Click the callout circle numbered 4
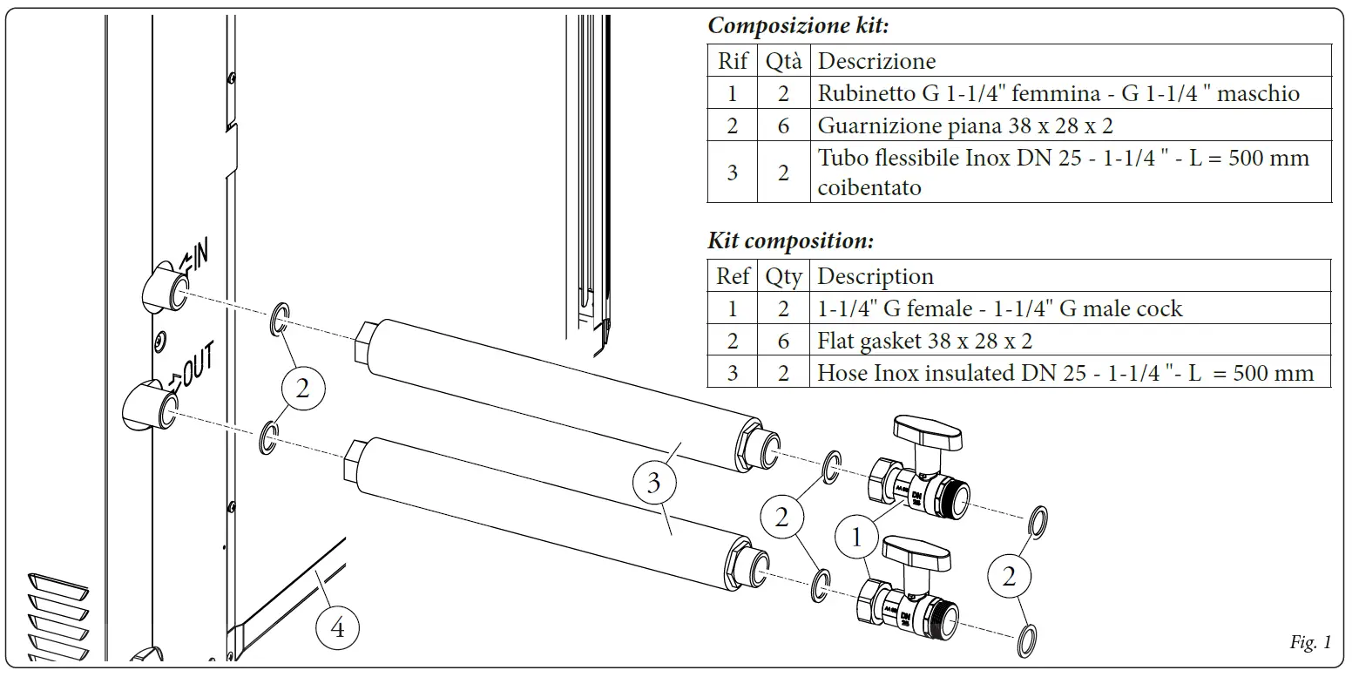337,627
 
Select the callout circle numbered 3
653,483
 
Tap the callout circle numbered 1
856,538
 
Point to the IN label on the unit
193,257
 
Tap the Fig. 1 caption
1310,643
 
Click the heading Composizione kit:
798,25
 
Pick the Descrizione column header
876,61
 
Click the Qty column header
783,276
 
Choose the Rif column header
732,61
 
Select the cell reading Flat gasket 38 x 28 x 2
924,341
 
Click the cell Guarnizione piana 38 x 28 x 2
964,125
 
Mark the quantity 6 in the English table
783,341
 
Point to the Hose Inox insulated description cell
1065,373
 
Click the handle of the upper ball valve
927,431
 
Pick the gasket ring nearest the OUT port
270,438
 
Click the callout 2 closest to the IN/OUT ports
301,389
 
